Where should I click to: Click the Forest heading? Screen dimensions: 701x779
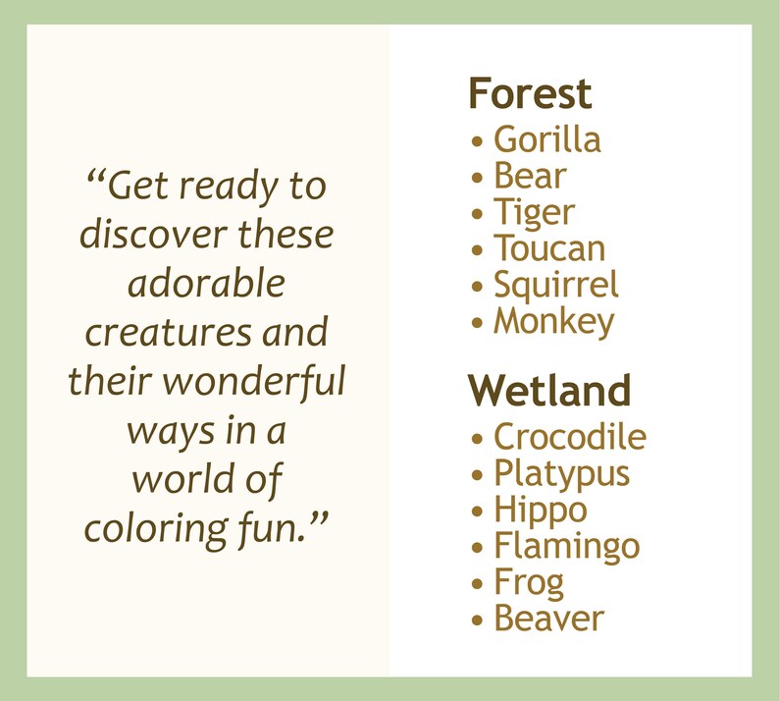point(530,94)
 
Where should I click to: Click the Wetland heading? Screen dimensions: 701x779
point(549,391)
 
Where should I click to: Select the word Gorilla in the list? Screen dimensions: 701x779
point(546,140)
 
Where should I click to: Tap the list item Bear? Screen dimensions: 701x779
point(530,177)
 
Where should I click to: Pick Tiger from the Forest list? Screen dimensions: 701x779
point(534,213)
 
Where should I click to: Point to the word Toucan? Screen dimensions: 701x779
point(548,249)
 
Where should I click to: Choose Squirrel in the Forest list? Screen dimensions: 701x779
point(555,286)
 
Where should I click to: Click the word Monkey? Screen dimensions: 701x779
point(553,322)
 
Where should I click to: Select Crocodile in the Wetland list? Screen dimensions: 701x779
point(569,437)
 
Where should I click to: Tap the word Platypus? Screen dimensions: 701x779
point(561,474)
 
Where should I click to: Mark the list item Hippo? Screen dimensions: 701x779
point(540,511)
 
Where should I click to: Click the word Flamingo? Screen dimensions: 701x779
point(566,547)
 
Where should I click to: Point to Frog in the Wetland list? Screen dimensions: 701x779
point(529,583)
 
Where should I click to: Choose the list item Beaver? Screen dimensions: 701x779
point(548,619)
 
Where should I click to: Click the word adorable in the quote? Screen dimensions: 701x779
point(206,284)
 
